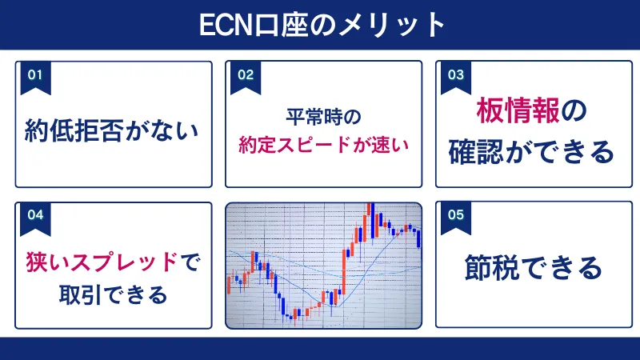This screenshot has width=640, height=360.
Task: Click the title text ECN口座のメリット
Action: pyautogui.click(x=320, y=24)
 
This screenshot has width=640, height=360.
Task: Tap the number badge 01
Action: pyautogui.click(x=34, y=74)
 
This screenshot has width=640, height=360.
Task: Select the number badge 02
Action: pyautogui.click(x=245, y=74)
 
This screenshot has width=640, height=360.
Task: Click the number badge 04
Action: pyautogui.click(x=34, y=214)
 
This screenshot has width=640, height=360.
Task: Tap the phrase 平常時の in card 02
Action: pyautogui.click(x=323, y=118)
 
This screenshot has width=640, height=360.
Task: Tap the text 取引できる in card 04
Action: pyautogui.click(x=112, y=294)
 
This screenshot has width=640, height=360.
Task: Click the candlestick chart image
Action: pyautogui.click(x=323, y=264)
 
